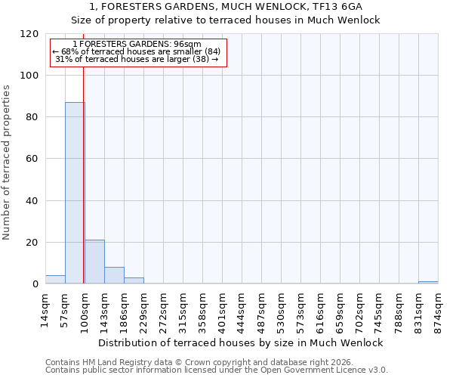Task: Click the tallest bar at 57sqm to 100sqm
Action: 75,193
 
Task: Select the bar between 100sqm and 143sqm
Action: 94,262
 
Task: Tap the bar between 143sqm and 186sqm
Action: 114,275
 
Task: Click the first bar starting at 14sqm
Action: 55,280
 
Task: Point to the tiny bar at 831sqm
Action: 428,283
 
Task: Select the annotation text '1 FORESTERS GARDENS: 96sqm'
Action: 138,45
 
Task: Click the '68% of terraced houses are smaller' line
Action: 136,51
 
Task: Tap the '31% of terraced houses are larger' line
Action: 137,59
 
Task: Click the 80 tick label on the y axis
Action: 32,117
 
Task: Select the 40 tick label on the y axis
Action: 32,201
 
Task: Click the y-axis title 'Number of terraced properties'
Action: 8,163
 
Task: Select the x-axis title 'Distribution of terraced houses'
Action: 241,342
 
